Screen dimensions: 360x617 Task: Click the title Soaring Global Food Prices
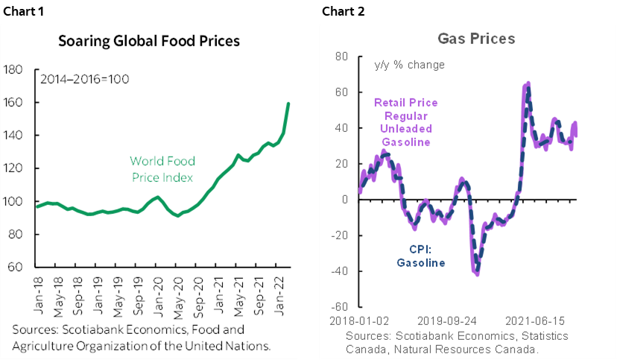[149, 41]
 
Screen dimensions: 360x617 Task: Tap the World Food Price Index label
[161, 169]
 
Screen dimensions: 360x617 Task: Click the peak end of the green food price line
[288, 104]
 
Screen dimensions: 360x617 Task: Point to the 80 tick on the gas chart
[342, 57]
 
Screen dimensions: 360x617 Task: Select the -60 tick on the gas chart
[339, 306]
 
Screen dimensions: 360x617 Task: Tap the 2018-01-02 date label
[360, 320]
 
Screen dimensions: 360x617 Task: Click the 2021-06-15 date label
[534, 320]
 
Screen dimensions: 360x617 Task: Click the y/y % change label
[409, 65]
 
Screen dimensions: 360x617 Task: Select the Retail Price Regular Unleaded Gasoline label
[405, 122]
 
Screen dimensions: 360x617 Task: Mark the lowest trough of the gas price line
[476, 274]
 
